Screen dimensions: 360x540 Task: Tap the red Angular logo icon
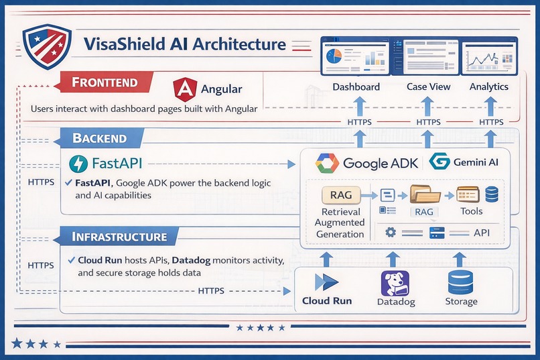[185, 90]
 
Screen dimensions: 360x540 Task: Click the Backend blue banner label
[98, 139]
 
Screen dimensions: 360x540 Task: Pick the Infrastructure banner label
[119, 237]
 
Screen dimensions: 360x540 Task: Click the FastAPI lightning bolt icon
[79, 164]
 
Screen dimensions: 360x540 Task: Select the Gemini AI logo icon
[440, 162]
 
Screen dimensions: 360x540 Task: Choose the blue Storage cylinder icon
[460, 282]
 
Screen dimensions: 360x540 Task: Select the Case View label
[428, 86]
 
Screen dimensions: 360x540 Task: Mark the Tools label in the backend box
[471, 211]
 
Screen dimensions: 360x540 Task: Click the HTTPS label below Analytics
[491, 122]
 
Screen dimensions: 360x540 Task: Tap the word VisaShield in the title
[125, 45]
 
